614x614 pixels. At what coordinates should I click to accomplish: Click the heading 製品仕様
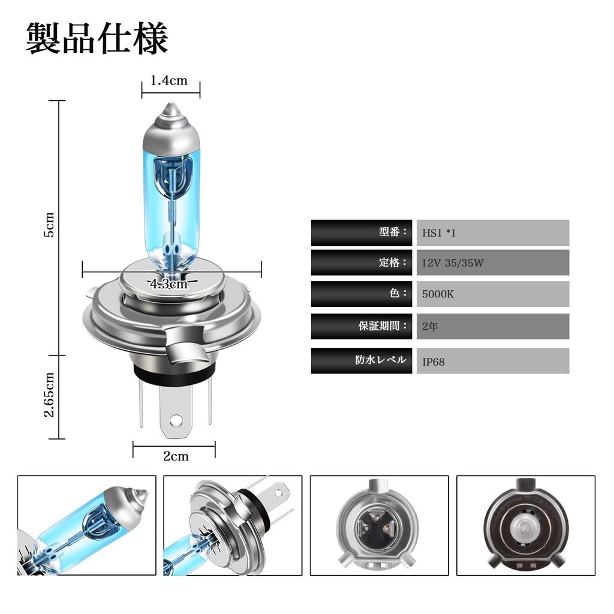coord(97,40)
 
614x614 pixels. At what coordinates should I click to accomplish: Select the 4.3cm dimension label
coord(169,284)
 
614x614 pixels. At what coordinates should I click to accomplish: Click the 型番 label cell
coord(362,233)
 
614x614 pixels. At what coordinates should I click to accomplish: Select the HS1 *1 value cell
coord(492,233)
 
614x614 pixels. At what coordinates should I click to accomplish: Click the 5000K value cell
coord(492,294)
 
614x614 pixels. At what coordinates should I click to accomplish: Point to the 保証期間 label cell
coord(362,326)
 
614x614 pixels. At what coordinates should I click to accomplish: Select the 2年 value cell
coord(492,326)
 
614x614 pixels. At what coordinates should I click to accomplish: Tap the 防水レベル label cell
coord(362,360)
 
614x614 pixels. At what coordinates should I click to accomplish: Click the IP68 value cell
coord(492,361)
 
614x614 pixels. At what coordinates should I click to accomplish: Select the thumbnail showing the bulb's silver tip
coord(86,525)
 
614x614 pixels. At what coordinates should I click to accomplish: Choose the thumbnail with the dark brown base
coord(526,525)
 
